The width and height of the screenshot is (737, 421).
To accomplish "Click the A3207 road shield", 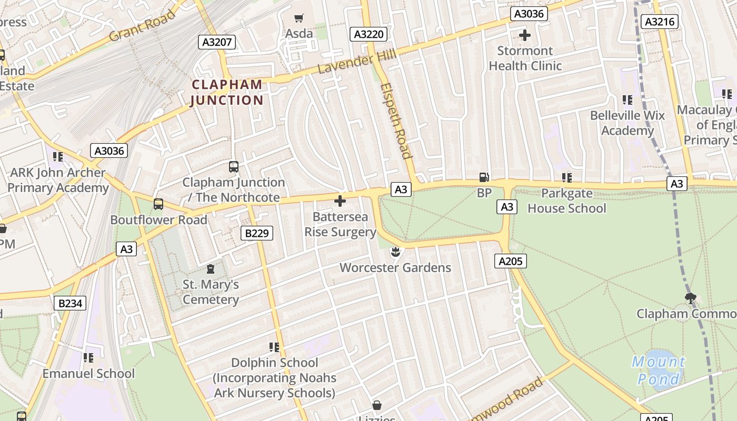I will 216,42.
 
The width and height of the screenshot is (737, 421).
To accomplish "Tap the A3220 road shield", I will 368,35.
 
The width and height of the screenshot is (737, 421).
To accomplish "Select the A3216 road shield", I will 660,22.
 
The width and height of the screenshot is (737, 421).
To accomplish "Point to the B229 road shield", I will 257,233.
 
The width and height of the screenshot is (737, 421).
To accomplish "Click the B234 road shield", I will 69,303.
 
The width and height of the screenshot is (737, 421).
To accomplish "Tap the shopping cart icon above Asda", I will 299,18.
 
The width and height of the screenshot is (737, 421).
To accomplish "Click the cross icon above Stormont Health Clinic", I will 525,36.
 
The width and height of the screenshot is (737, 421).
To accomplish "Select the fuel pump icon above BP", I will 484,178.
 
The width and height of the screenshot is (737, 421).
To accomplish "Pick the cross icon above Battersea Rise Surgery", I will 340,201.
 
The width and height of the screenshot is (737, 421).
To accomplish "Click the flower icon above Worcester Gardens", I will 395,252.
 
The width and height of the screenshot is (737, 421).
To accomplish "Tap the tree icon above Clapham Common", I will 691,298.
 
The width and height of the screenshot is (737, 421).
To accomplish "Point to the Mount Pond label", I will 659,370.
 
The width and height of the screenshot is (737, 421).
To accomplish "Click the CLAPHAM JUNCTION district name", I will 227,92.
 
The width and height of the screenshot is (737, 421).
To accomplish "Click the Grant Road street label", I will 142,26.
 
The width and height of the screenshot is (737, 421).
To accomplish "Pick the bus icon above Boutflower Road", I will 158,204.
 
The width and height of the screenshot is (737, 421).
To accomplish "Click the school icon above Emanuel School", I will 88,358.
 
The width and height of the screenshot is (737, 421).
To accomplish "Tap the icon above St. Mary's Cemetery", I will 211,269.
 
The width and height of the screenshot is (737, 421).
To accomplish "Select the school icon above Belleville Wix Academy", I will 627,99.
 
